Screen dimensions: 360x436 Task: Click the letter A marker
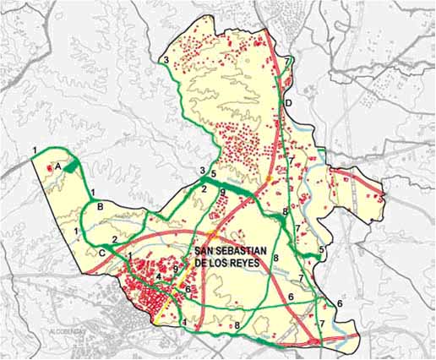coord(57,168)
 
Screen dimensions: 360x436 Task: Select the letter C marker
coord(101,252)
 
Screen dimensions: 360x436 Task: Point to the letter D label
coord(288,104)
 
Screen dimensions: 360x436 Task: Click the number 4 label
coord(159,276)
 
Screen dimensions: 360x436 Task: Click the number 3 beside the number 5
coord(202,172)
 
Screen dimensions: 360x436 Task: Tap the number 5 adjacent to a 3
coord(214,175)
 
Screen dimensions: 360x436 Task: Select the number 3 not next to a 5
coord(166,60)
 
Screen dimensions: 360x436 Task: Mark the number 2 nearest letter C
coord(114,239)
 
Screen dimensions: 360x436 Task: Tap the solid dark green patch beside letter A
coord(74,166)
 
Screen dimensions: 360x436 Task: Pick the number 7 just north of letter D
coord(288,63)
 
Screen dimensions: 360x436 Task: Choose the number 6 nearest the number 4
coord(188,290)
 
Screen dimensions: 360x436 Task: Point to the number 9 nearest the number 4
coord(175,270)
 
